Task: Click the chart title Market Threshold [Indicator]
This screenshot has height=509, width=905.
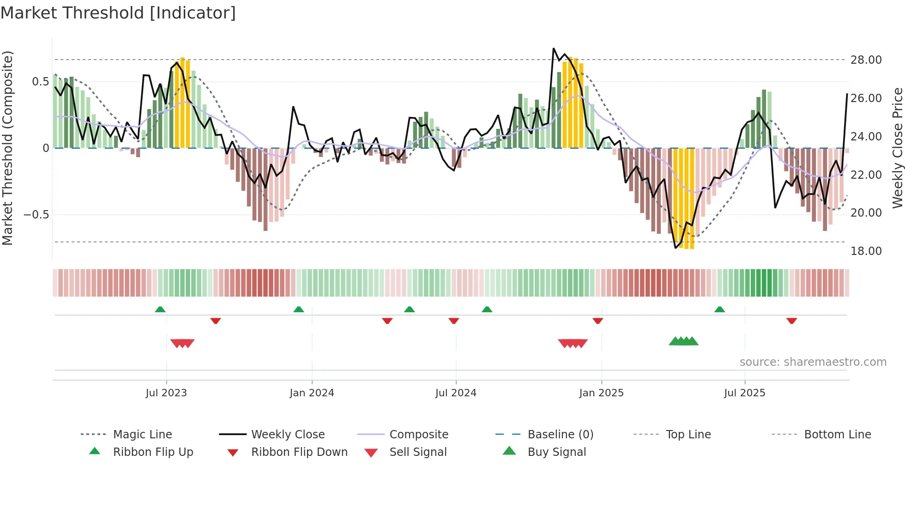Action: pos(118,13)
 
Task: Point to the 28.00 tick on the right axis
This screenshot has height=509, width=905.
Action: pos(866,60)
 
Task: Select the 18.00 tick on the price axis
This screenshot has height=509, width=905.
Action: pos(866,251)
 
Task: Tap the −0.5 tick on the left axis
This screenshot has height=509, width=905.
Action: pos(36,215)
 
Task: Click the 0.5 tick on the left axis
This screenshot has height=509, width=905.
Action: pos(40,82)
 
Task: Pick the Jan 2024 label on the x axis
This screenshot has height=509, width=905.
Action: pos(312,393)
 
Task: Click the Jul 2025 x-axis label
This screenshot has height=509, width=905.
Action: pos(744,393)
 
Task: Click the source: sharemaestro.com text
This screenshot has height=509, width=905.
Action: pos(813,362)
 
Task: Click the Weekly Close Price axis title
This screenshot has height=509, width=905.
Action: pos(897,148)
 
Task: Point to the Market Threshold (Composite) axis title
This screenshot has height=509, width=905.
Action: pos(8,148)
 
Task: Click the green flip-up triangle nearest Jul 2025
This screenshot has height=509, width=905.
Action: pos(719,309)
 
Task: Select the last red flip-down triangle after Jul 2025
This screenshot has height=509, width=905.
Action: pos(791,321)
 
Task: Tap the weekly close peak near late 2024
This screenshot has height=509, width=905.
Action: pos(554,48)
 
